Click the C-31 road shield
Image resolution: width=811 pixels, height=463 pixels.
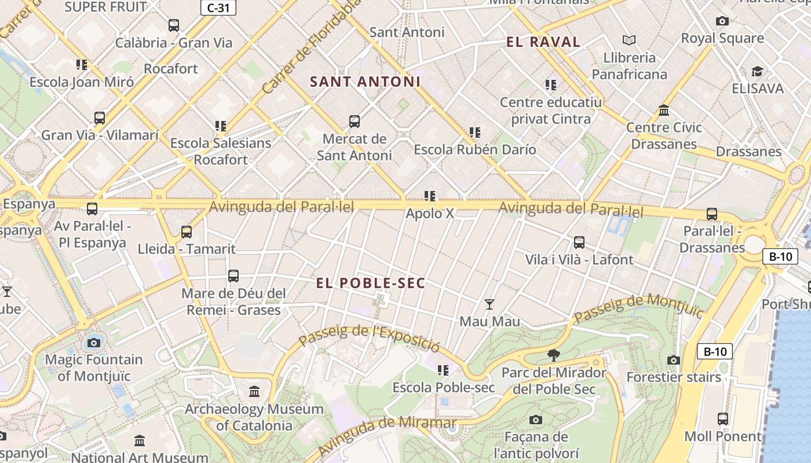(x=218, y=8)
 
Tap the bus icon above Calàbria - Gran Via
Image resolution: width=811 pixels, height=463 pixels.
(x=174, y=25)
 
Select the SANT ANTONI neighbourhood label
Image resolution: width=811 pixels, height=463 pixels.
(x=365, y=82)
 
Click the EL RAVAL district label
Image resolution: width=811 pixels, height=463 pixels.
(x=543, y=42)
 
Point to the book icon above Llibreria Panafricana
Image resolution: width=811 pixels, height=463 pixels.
(x=629, y=41)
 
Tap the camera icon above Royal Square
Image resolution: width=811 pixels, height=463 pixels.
(x=722, y=21)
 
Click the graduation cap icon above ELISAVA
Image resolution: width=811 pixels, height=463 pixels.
(x=757, y=72)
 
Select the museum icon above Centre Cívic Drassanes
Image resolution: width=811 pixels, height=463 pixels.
(x=664, y=110)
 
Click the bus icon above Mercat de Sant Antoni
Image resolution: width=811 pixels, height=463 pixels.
(x=355, y=122)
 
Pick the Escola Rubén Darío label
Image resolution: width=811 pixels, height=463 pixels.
(x=474, y=149)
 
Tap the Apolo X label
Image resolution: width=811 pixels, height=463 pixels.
(x=430, y=213)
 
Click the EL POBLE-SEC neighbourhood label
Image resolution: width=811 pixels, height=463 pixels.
(x=371, y=283)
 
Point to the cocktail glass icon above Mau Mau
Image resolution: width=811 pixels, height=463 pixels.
(x=489, y=304)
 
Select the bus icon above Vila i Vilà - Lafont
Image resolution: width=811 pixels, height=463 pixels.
(x=579, y=242)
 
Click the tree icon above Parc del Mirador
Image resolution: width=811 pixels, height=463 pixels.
(x=554, y=355)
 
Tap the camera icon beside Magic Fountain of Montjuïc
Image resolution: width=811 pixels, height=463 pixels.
(x=94, y=343)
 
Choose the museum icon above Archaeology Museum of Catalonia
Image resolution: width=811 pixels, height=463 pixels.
(x=254, y=392)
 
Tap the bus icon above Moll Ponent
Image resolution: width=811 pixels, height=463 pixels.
(x=722, y=418)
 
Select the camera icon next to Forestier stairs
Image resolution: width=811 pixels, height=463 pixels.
(x=673, y=360)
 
